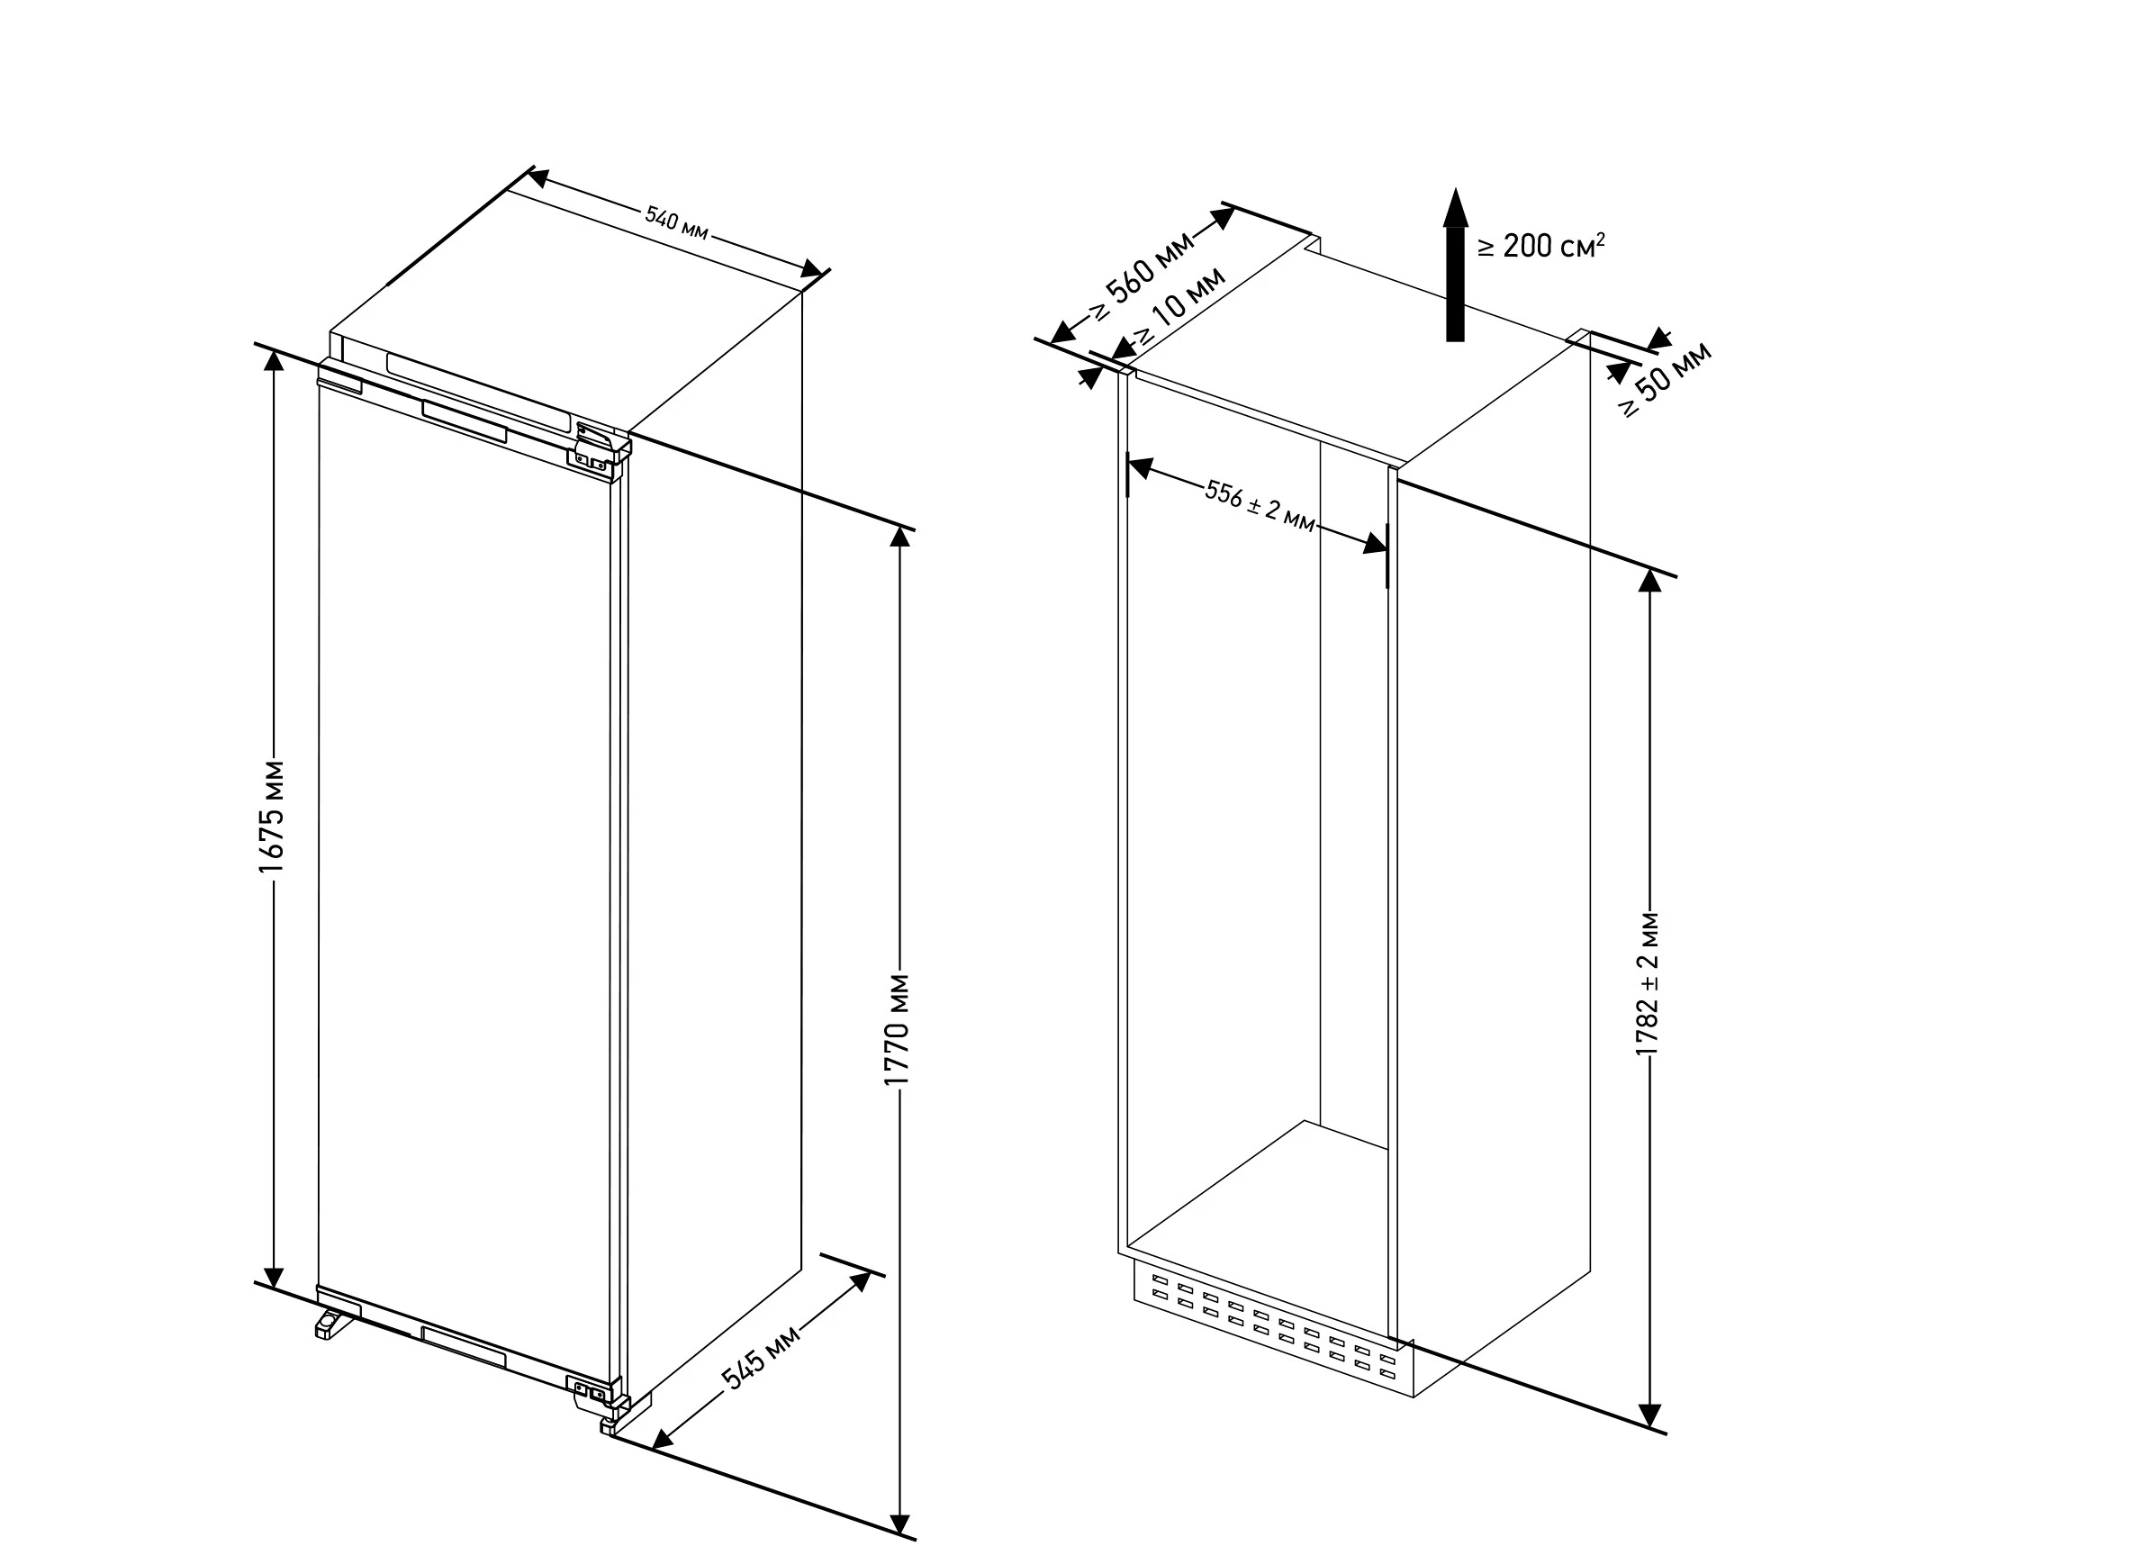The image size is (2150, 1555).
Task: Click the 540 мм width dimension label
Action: (x=677, y=224)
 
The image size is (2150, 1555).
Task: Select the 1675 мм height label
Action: (x=272, y=817)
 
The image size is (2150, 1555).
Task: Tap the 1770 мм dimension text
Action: (x=897, y=1029)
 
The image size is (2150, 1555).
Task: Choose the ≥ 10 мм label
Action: (x=1180, y=305)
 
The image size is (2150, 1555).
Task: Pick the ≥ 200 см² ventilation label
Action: (x=1541, y=246)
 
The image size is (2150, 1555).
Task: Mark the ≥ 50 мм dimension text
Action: (x=1666, y=379)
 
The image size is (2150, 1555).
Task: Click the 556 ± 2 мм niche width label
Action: (x=1260, y=506)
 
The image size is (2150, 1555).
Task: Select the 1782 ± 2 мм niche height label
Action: (x=1649, y=983)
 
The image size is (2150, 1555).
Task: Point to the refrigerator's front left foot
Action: (x=333, y=1323)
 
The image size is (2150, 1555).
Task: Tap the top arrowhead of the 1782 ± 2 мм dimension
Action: (x=1650, y=580)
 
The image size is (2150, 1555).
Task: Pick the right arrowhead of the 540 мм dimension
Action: (x=811, y=269)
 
